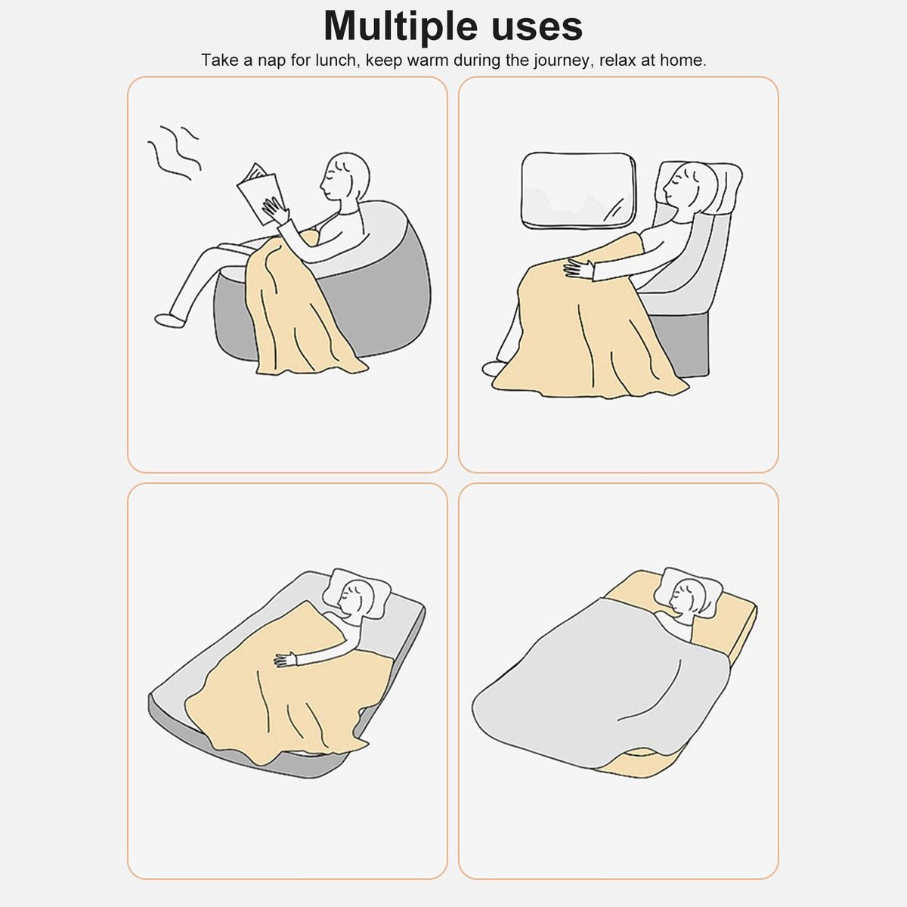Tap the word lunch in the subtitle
coord(336,60)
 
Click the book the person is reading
coord(259,193)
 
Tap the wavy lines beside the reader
coord(173,152)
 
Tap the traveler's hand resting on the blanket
coord(580,269)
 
